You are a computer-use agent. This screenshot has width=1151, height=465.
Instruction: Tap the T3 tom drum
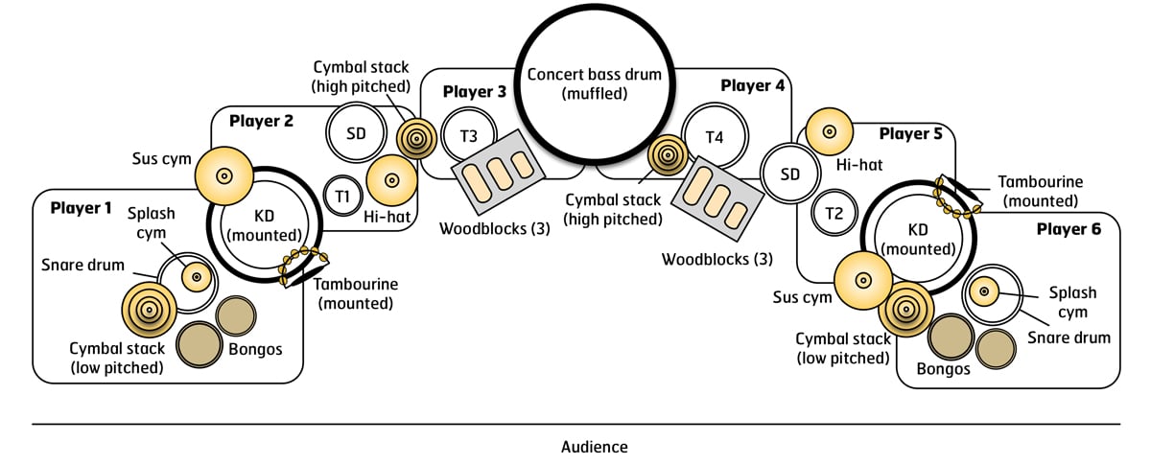click(468, 136)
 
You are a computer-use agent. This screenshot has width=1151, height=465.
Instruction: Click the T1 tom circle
click(341, 195)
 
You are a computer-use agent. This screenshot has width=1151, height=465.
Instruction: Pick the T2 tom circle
click(833, 213)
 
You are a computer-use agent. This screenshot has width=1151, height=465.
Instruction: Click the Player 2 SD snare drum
click(356, 133)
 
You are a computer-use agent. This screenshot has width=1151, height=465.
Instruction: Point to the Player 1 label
click(82, 207)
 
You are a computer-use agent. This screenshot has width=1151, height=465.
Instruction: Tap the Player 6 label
click(1069, 229)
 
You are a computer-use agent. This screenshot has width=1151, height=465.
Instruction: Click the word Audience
click(595, 447)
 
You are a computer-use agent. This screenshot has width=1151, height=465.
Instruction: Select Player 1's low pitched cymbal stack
click(152, 309)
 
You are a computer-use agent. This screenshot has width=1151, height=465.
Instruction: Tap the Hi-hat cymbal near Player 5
click(830, 130)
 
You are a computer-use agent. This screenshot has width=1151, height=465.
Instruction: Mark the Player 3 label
click(475, 92)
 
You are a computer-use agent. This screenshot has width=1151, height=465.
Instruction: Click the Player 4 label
click(753, 85)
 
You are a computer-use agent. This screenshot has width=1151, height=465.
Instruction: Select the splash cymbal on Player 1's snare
click(197, 276)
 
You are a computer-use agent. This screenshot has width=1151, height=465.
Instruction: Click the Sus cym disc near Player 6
click(863, 281)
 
